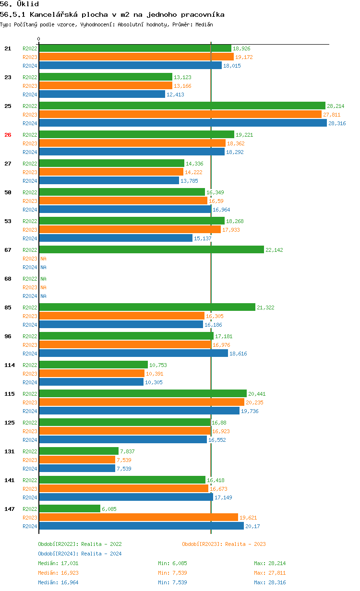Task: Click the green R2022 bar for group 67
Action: point(151,249)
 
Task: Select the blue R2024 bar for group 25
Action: point(182,123)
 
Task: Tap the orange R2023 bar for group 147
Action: point(138,517)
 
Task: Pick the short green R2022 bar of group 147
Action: point(70,508)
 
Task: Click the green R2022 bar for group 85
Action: point(147,307)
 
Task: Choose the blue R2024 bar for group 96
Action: point(133,353)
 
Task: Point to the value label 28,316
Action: point(337,123)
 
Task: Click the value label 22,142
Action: point(275,250)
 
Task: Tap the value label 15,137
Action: point(203,238)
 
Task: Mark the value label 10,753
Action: point(158,365)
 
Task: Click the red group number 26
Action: point(8,135)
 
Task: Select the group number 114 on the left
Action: point(10,365)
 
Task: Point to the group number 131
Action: point(10,451)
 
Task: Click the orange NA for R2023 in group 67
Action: point(43,259)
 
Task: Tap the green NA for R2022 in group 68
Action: point(43,279)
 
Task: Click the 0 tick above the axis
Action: point(39,39)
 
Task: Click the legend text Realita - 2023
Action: point(245,544)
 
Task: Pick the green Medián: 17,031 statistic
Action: point(58,563)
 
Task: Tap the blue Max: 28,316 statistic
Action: point(270,582)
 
